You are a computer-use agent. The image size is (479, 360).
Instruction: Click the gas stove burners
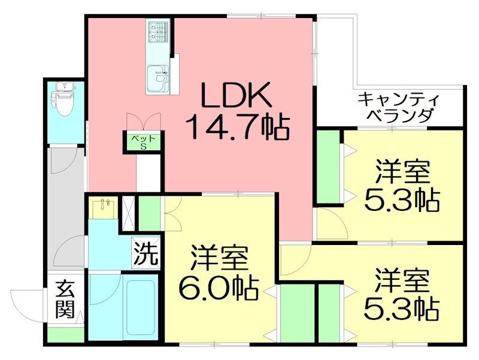158,32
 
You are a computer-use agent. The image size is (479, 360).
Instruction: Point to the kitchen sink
158,78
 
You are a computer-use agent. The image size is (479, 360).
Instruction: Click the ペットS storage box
144,143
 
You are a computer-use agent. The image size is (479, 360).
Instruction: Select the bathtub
141,307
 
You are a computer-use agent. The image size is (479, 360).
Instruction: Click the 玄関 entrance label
65,299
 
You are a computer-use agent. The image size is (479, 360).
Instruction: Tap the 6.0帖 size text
219,288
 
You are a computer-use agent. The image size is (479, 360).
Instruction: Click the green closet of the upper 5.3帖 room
328,167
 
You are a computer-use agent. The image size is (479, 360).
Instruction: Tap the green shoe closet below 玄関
66,335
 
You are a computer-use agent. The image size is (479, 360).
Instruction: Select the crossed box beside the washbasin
128,214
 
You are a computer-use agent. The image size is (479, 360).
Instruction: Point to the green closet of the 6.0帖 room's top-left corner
150,213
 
